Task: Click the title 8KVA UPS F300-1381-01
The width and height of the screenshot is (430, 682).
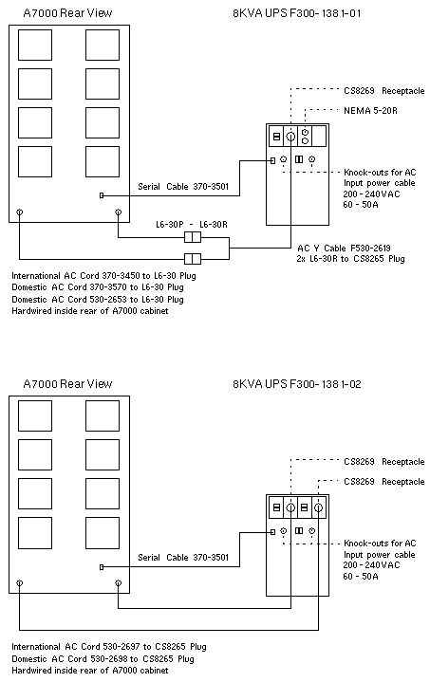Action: click(297, 13)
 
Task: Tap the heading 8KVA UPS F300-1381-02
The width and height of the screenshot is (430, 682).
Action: click(297, 384)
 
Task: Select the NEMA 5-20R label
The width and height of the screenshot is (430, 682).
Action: click(370, 110)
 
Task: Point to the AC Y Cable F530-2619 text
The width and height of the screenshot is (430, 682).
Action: click(344, 248)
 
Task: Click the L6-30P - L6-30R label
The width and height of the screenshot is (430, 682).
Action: click(192, 225)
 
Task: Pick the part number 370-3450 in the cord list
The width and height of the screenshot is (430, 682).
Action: click(121, 276)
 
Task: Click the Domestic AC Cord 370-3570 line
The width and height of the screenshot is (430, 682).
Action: click(98, 287)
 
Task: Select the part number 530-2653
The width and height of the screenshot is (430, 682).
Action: click(121, 299)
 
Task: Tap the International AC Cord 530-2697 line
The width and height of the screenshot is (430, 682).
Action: click(109, 647)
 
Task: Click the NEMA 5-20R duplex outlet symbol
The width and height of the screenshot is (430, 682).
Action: click(305, 137)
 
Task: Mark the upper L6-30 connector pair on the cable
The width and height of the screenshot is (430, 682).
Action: click(193, 237)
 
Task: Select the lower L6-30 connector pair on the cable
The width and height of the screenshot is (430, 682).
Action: click(193, 259)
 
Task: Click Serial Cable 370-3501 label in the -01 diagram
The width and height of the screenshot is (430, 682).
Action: click(183, 187)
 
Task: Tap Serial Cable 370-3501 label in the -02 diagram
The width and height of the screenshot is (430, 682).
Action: click(183, 558)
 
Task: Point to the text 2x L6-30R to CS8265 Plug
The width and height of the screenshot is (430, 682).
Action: click(351, 259)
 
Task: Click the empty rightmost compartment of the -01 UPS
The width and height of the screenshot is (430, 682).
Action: click(319, 137)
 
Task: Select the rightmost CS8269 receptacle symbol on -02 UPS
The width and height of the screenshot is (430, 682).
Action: click(319, 507)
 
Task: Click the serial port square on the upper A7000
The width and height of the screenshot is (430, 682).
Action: click(102, 195)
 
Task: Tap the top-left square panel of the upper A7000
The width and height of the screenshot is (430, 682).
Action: click(35, 45)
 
